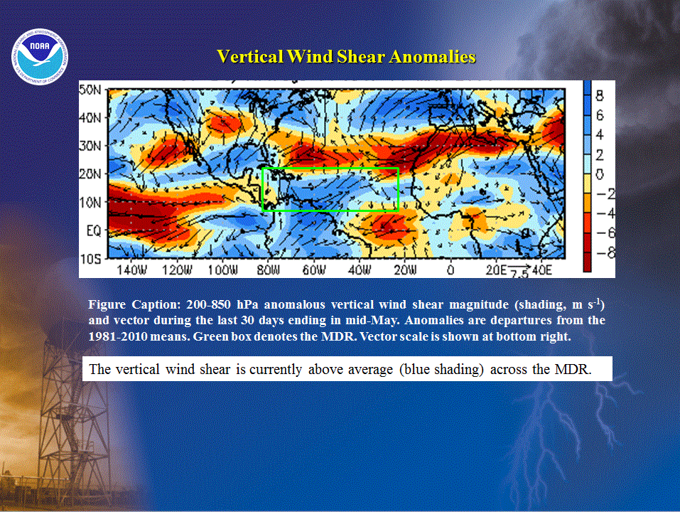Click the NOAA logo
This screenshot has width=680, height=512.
click(x=40, y=57)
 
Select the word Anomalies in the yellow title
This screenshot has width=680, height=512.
click(x=433, y=57)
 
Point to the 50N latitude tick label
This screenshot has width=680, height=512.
click(x=90, y=90)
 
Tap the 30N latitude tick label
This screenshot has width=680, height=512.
click(x=90, y=146)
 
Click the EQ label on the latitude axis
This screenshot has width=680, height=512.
click(x=93, y=230)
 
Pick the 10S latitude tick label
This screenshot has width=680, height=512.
click(x=90, y=259)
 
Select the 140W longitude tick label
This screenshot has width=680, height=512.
click(x=132, y=270)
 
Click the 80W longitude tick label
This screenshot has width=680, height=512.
click(x=269, y=270)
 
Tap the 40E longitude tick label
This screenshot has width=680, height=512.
click(x=542, y=270)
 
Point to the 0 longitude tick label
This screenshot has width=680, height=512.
click(x=450, y=270)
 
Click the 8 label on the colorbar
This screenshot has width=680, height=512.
click(x=599, y=95)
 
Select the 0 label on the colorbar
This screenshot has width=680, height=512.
click(x=599, y=174)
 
